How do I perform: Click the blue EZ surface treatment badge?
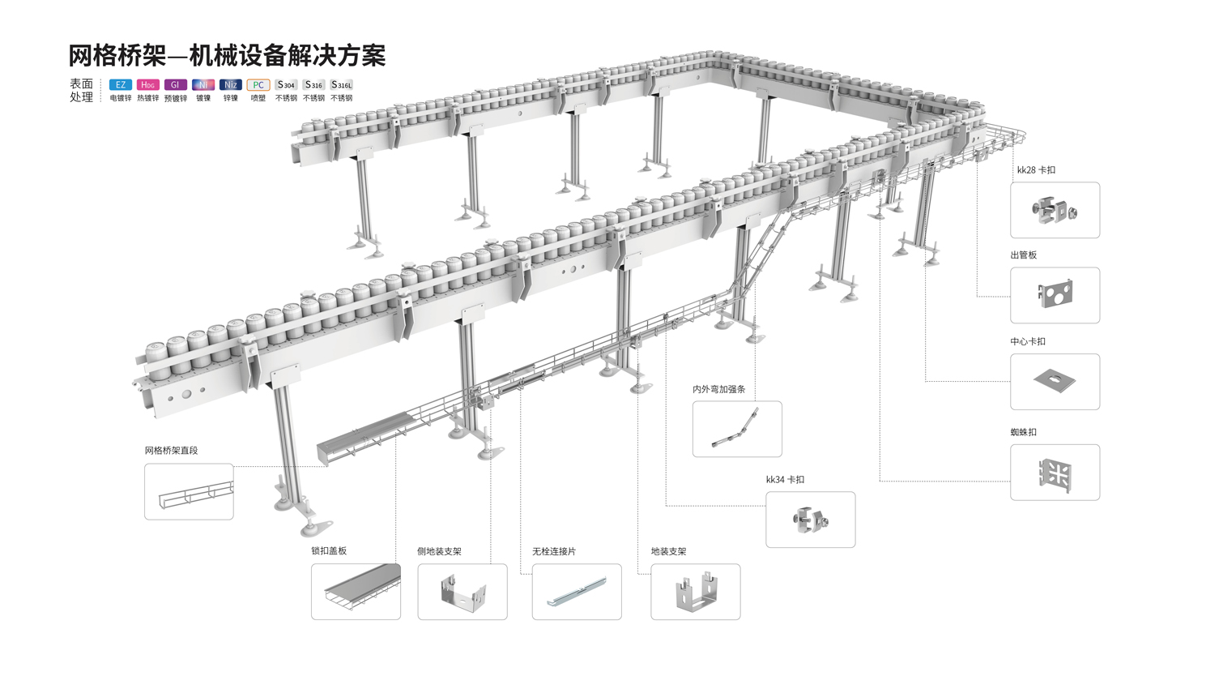pos(120,85)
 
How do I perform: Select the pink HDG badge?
pos(147,85)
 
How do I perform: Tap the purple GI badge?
pos(175,85)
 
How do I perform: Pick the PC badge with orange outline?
pos(258,85)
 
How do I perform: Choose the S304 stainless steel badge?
pos(286,85)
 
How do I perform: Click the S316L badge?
pos(341,85)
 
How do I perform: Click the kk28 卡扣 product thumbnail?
pos(1055,211)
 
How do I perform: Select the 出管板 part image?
pos(1055,295)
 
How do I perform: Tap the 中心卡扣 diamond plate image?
pos(1055,381)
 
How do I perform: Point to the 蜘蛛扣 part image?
pos(1055,472)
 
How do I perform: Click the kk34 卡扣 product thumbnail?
pos(810,520)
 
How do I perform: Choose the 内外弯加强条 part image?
pos(737,429)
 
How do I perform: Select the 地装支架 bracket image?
pos(695,592)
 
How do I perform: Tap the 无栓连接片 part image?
pos(577,592)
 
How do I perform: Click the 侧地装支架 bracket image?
pos(462,592)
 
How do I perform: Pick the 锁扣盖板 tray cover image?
pos(356,592)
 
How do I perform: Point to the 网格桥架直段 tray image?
pos(189,492)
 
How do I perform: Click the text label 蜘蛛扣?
pos(1023,432)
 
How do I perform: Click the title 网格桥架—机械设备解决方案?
pos(227,56)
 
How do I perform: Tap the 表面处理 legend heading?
pos(81,90)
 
